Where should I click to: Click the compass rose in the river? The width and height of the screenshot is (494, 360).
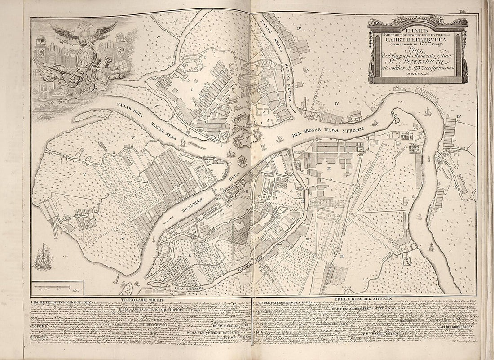pyautogui.click(x=242, y=160)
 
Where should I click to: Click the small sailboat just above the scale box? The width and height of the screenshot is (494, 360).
pyautogui.click(x=116, y=279)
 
